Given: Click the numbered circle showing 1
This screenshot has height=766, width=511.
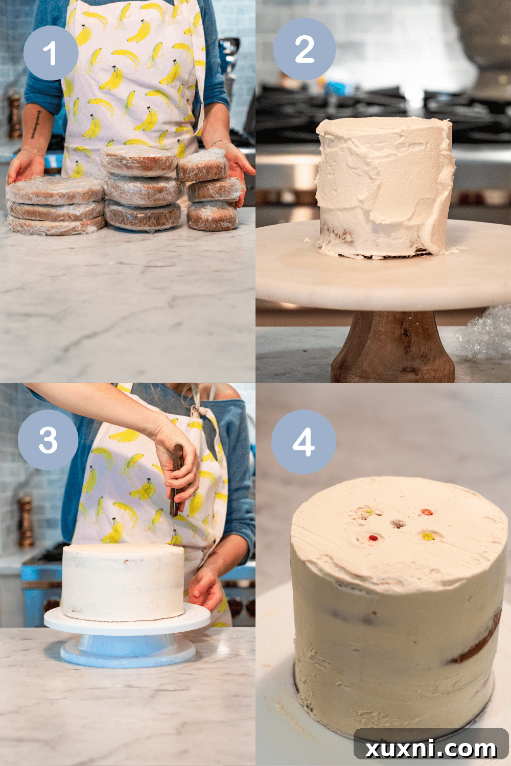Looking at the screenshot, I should tap(51, 53).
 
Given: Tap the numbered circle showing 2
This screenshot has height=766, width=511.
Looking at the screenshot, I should tap(305, 49).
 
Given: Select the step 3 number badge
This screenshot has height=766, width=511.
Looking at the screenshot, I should tap(48, 440).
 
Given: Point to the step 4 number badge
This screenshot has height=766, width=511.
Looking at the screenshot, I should tap(304, 442).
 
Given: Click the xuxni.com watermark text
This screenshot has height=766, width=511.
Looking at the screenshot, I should tap(431, 749).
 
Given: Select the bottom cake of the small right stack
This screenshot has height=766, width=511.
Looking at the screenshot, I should tap(212, 216).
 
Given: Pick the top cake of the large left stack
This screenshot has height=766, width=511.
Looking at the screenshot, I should tap(55, 190).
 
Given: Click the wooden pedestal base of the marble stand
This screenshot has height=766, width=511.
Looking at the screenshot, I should tap(392, 350).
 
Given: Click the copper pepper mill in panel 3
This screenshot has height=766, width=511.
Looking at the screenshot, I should tap(25, 521).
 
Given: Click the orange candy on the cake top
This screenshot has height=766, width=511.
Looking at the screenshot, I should tap(427, 536).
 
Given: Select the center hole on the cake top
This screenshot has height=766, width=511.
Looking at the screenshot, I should tap(398, 524).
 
